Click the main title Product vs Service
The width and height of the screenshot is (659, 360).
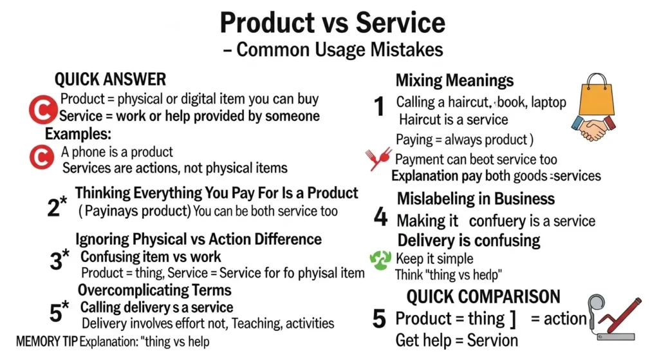coord(332,23)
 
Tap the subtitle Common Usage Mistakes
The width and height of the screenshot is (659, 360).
coord(332,50)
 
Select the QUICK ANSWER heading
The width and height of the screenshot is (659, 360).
coord(110,79)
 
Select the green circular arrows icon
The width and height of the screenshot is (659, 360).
coord(380,260)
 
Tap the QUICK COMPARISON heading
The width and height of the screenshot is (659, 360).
coord(483,297)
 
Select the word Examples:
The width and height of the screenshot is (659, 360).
coord(78,135)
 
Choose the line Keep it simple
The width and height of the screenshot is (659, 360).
coord(434,259)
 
